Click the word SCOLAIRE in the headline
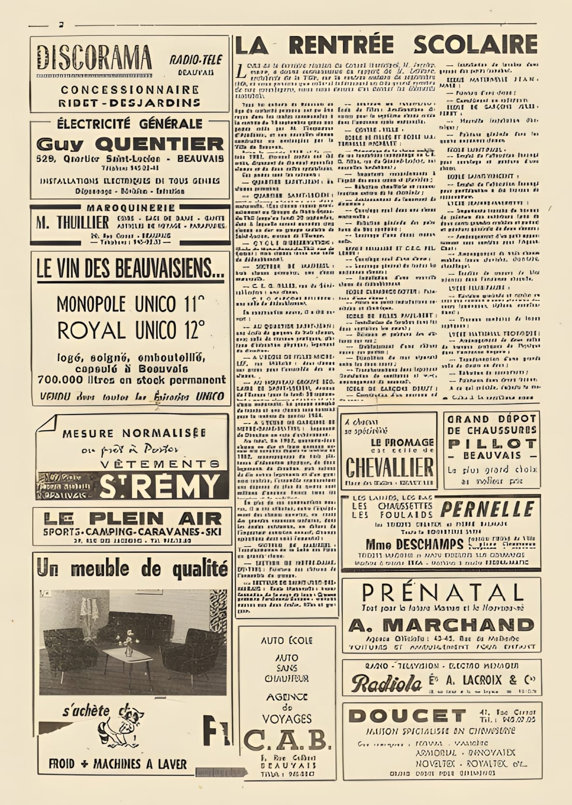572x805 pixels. tap(475, 45)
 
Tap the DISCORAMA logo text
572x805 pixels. tap(94, 58)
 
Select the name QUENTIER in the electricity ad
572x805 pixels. tap(159, 144)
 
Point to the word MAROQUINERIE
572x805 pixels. tap(131, 208)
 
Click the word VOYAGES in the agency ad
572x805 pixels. tap(287, 719)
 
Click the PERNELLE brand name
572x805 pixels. tap(487, 509)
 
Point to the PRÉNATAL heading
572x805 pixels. tap(443, 592)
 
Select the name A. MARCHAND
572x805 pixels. tap(441, 625)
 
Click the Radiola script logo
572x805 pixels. tap(387, 683)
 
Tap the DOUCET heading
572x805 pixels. tap(406, 716)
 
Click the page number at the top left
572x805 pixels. tap(61, 25)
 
